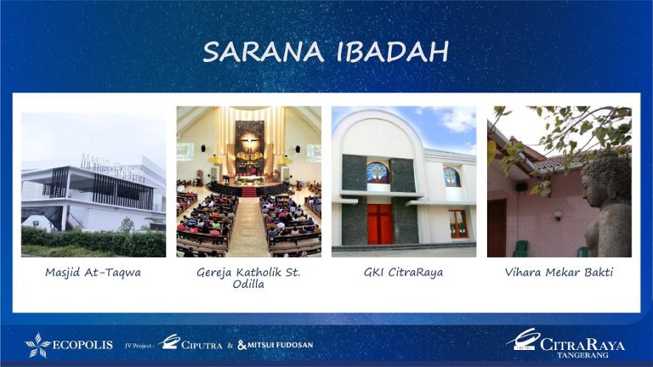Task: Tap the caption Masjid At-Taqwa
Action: [94, 273]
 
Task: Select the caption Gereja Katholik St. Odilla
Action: [248, 278]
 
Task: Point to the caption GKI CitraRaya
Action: [403, 273]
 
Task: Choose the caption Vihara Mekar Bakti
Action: [559, 273]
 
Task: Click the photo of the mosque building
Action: [94, 182]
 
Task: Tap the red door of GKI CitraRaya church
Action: [379, 223]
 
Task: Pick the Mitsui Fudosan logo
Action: [275, 345]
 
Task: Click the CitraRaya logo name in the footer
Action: [582, 344]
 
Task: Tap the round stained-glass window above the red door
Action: [378, 172]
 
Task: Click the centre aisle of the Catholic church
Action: [248, 229]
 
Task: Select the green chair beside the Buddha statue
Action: [520, 249]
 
